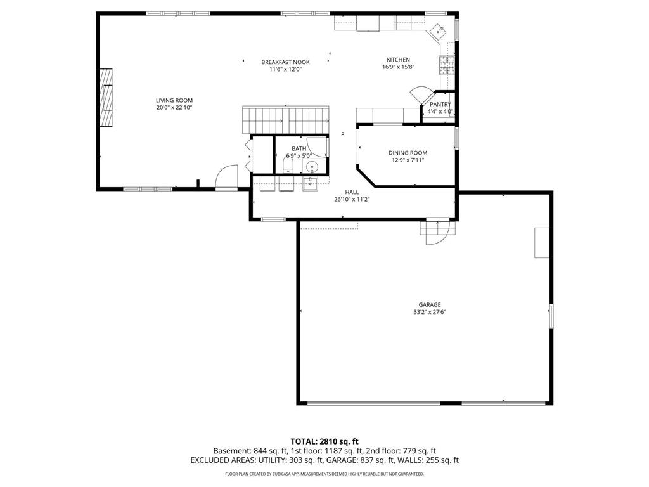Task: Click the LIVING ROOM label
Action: pyautogui.click(x=174, y=100)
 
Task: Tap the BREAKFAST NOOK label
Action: pyautogui.click(x=285, y=62)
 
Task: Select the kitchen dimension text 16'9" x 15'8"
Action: pyautogui.click(x=398, y=67)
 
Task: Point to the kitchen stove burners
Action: pyautogui.click(x=446, y=65)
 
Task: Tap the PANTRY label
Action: pyautogui.click(x=440, y=104)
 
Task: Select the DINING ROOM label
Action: pyautogui.click(x=408, y=152)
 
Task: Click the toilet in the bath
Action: pyautogui.click(x=288, y=166)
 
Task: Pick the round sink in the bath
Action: pyautogui.click(x=311, y=167)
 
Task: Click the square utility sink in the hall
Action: pyautogui.click(x=310, y=183)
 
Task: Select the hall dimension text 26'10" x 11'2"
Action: pyautogui.click(x=352, y=199)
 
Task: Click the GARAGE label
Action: pyautogui.click(x=429, y=304)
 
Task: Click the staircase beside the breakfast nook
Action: pyautogui.click(x=286, y=119)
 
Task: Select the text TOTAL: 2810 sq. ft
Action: pyautogui.click(x=324, y=441)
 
